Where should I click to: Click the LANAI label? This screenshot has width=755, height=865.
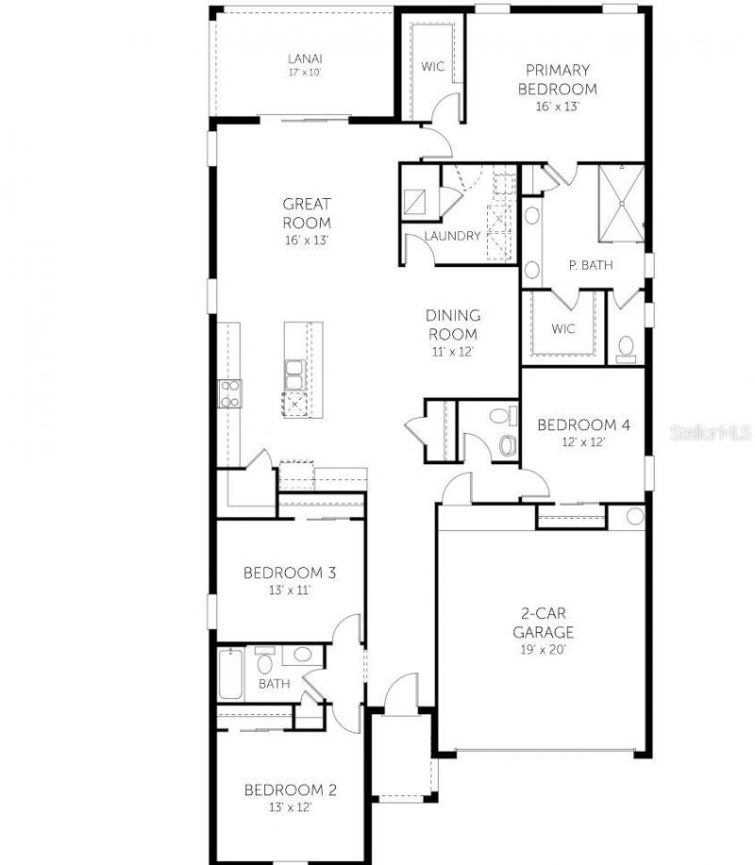coord(304,58)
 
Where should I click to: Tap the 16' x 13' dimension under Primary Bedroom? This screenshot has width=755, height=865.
coord(557,107)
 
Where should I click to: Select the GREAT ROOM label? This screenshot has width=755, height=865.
coord(307,213)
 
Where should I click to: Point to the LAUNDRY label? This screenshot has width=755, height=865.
coord(452,236)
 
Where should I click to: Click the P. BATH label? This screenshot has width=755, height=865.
coord(590,265)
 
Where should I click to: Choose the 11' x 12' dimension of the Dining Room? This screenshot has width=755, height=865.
coord(453,351)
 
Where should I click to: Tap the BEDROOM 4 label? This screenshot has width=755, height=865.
coord(583,424)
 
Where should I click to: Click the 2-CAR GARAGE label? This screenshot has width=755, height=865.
coord(543,624)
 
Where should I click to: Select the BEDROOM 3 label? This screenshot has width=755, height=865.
coord(290,573)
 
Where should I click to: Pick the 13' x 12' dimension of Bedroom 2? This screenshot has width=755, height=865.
coord(290,807)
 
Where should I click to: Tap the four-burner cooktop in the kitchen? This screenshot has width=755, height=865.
coord(229,392)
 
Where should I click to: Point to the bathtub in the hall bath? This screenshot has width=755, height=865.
coord(229,674)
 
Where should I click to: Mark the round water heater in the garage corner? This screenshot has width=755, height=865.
coord(634,516)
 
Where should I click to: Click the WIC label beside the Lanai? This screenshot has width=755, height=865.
coord(433,66)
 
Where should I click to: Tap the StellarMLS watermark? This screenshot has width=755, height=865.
coord(711,433)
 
